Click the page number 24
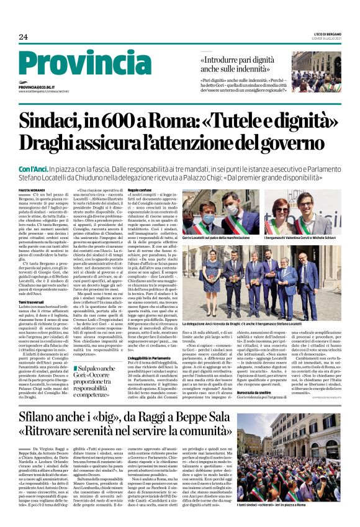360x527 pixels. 24,37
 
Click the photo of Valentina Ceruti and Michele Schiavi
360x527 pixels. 302,212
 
